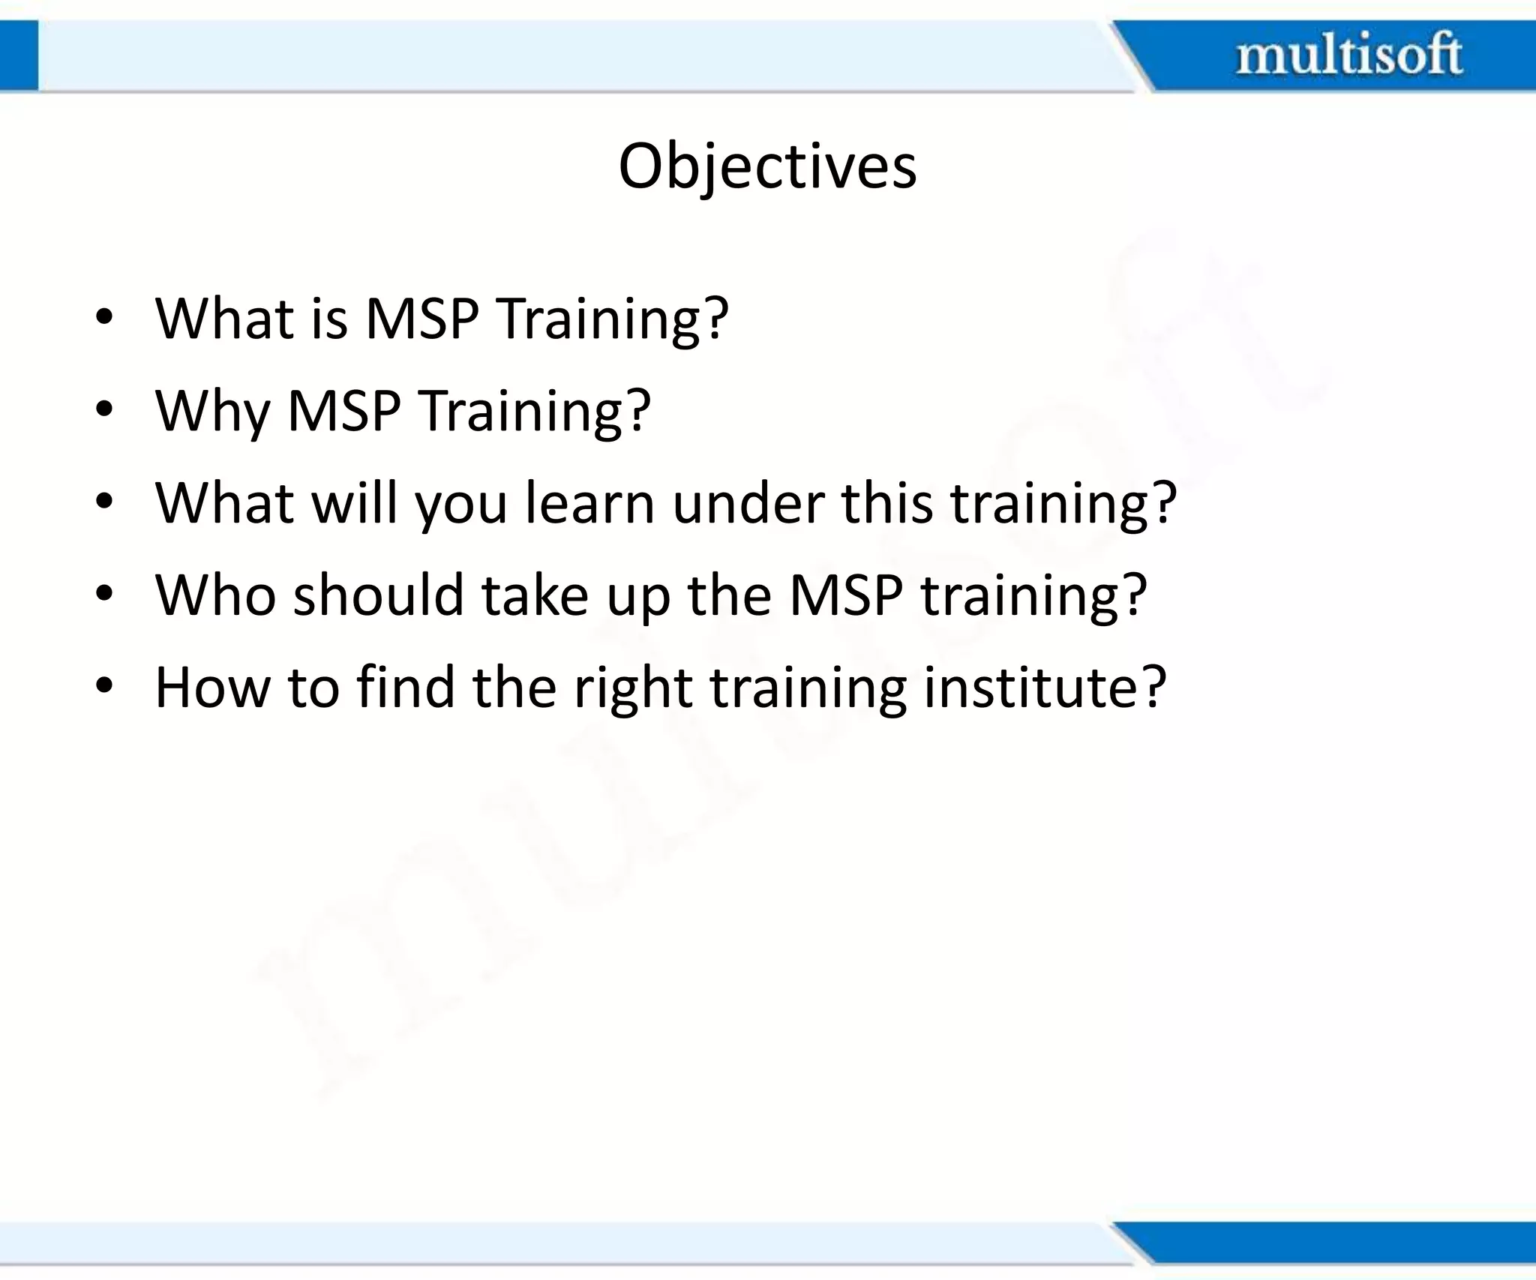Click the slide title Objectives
click(x=766, y=166)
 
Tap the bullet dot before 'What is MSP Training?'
click(x=104, y=318)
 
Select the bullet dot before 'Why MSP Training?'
click(x=104, y=410)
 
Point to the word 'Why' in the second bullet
click(x=212, y=412)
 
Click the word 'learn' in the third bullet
click(x=589, y=503)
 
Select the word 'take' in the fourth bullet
click(x=534, y=595)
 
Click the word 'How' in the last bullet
click(x=212, y=687)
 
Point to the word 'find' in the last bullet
click(x=405, y=687)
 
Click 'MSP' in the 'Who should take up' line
click(x=846, y=595)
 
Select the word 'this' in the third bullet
click(x=887, y=503)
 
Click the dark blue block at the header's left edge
click(x=18, y=55)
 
